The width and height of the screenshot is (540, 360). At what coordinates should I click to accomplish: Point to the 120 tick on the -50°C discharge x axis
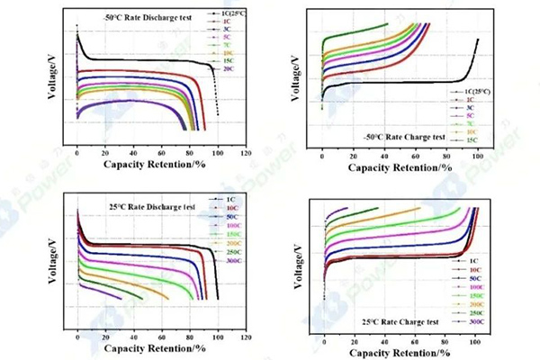point(244,154)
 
